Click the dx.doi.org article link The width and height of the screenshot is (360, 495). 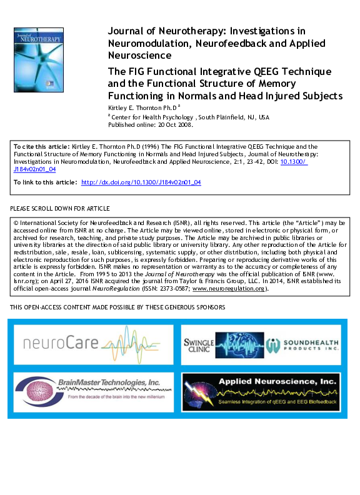141,182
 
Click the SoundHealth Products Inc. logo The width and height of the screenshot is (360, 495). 303,345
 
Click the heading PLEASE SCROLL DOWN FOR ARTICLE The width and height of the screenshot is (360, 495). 60,208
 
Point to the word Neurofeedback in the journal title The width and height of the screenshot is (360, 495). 216,43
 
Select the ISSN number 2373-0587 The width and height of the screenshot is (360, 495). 171,289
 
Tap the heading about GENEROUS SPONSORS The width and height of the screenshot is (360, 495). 118,307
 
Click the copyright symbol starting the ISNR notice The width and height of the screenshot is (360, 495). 16,222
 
